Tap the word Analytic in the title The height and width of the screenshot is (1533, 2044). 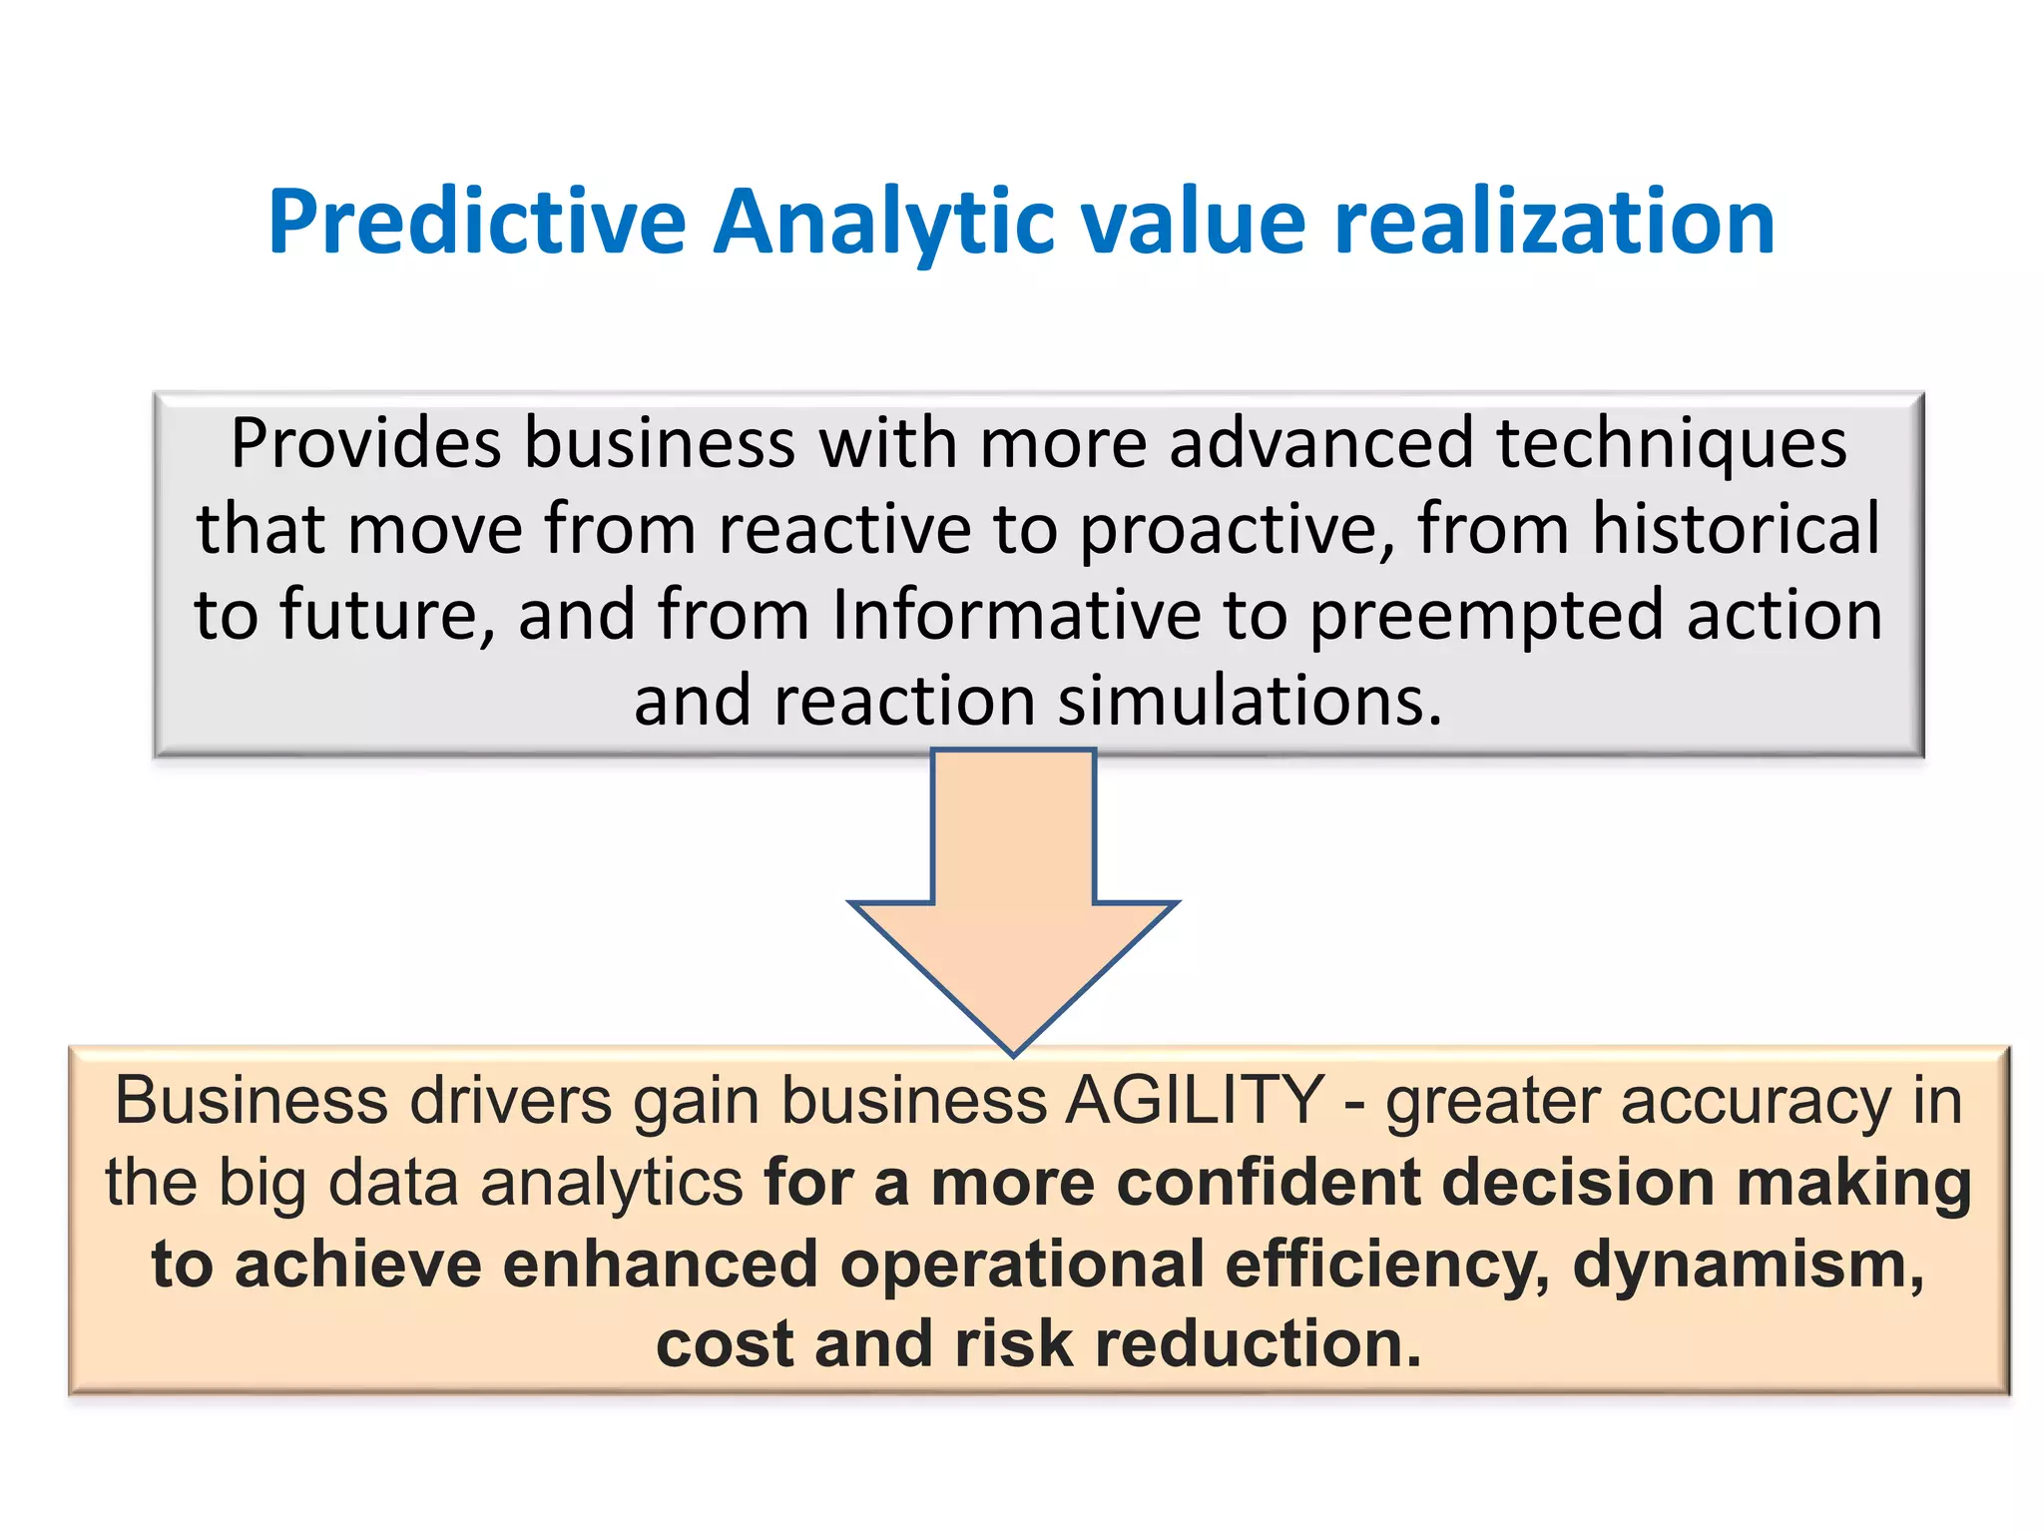(x=884, y=222)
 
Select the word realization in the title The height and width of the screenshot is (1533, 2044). (x=1554, y=222)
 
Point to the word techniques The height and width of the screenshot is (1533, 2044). (x=1671, y=443)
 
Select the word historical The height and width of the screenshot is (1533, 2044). (x=1735, y=529)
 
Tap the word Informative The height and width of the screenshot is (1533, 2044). (x=1016, y=615)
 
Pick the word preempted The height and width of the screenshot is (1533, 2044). (x=1485, y=617)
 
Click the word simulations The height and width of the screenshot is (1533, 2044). (x=1250, y=701)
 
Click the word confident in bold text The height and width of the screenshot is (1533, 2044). (x=1267, y=1183)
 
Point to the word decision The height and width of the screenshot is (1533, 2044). (x=1577, y=1183)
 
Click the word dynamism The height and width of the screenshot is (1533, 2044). (x=1748, y=1265)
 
